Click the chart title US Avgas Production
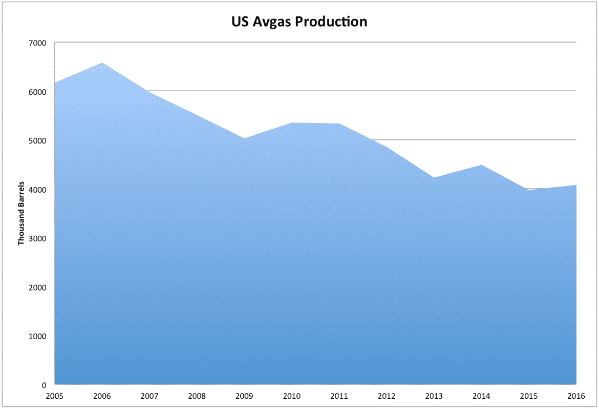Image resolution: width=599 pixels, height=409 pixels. point(299,22)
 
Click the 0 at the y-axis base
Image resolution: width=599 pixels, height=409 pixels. point(45,385)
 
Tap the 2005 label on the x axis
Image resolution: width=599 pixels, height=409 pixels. point(54,396)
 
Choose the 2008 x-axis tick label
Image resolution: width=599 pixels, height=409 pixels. point(197,396)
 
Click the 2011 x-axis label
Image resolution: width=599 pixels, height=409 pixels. point(339,396)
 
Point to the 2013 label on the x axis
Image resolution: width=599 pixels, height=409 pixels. point(434,396)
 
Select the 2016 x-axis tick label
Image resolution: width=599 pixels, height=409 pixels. point(576,396)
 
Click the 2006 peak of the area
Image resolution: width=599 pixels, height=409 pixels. point(102,63)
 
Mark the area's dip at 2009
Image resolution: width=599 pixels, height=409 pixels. point(244,138)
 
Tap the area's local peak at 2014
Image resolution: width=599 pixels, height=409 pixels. point(482,165)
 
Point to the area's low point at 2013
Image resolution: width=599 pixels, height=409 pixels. point(434,178)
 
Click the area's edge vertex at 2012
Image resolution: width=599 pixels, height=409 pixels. point(387,148)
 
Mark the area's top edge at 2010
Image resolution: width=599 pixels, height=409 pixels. point(292,123)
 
